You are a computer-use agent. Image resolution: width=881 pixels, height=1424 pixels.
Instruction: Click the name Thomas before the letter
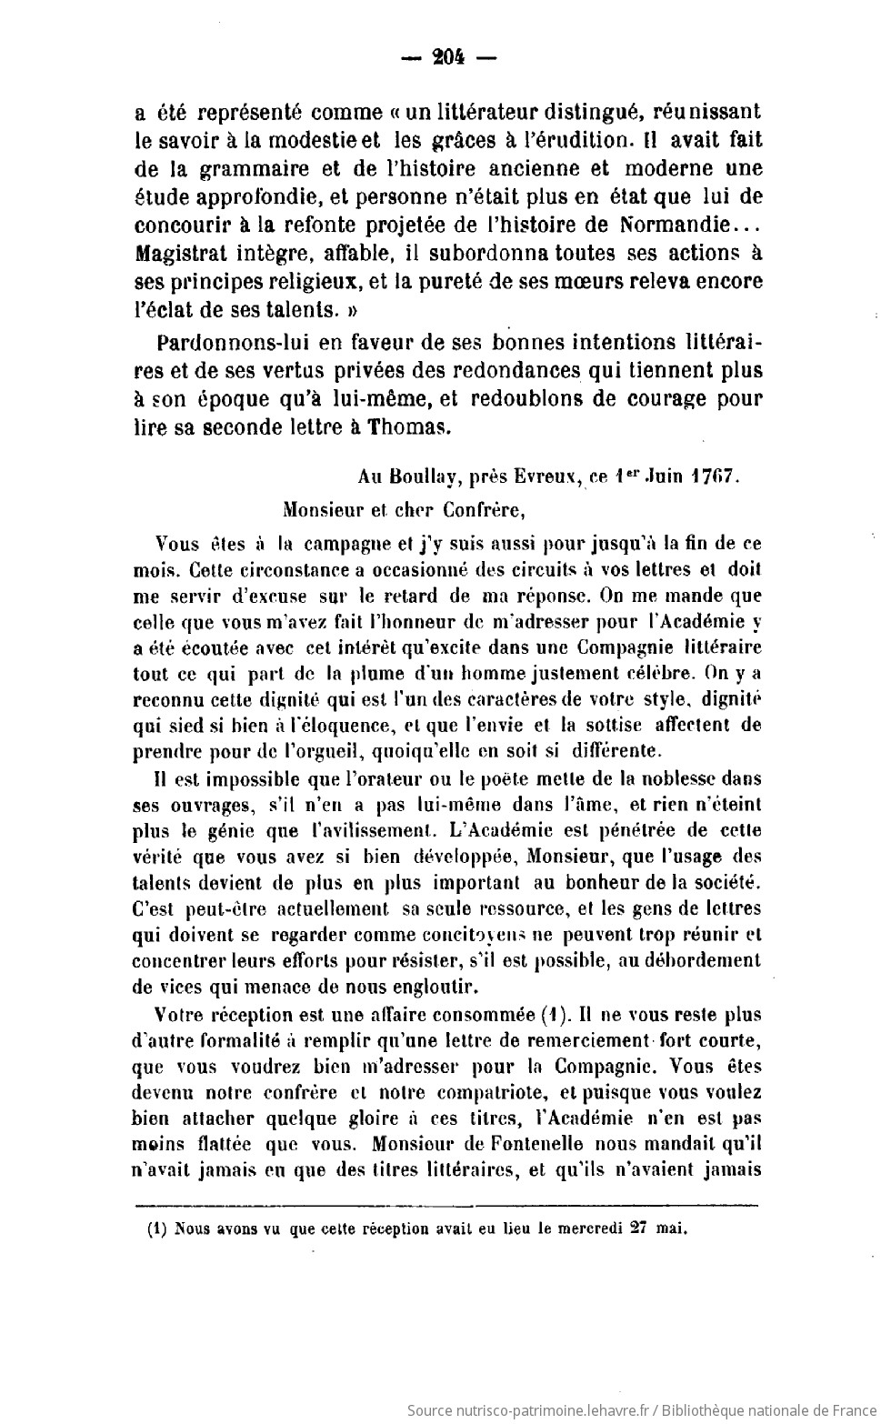pos(414,426)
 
